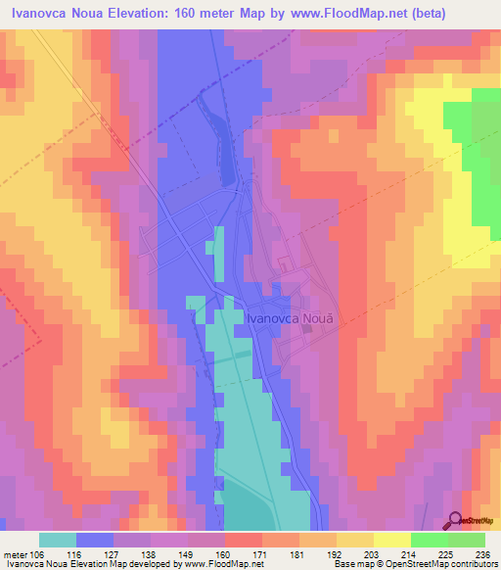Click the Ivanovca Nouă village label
(296, 317)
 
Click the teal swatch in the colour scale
(58, 540)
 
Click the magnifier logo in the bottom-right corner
(456, 520)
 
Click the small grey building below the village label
(306, 330)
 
